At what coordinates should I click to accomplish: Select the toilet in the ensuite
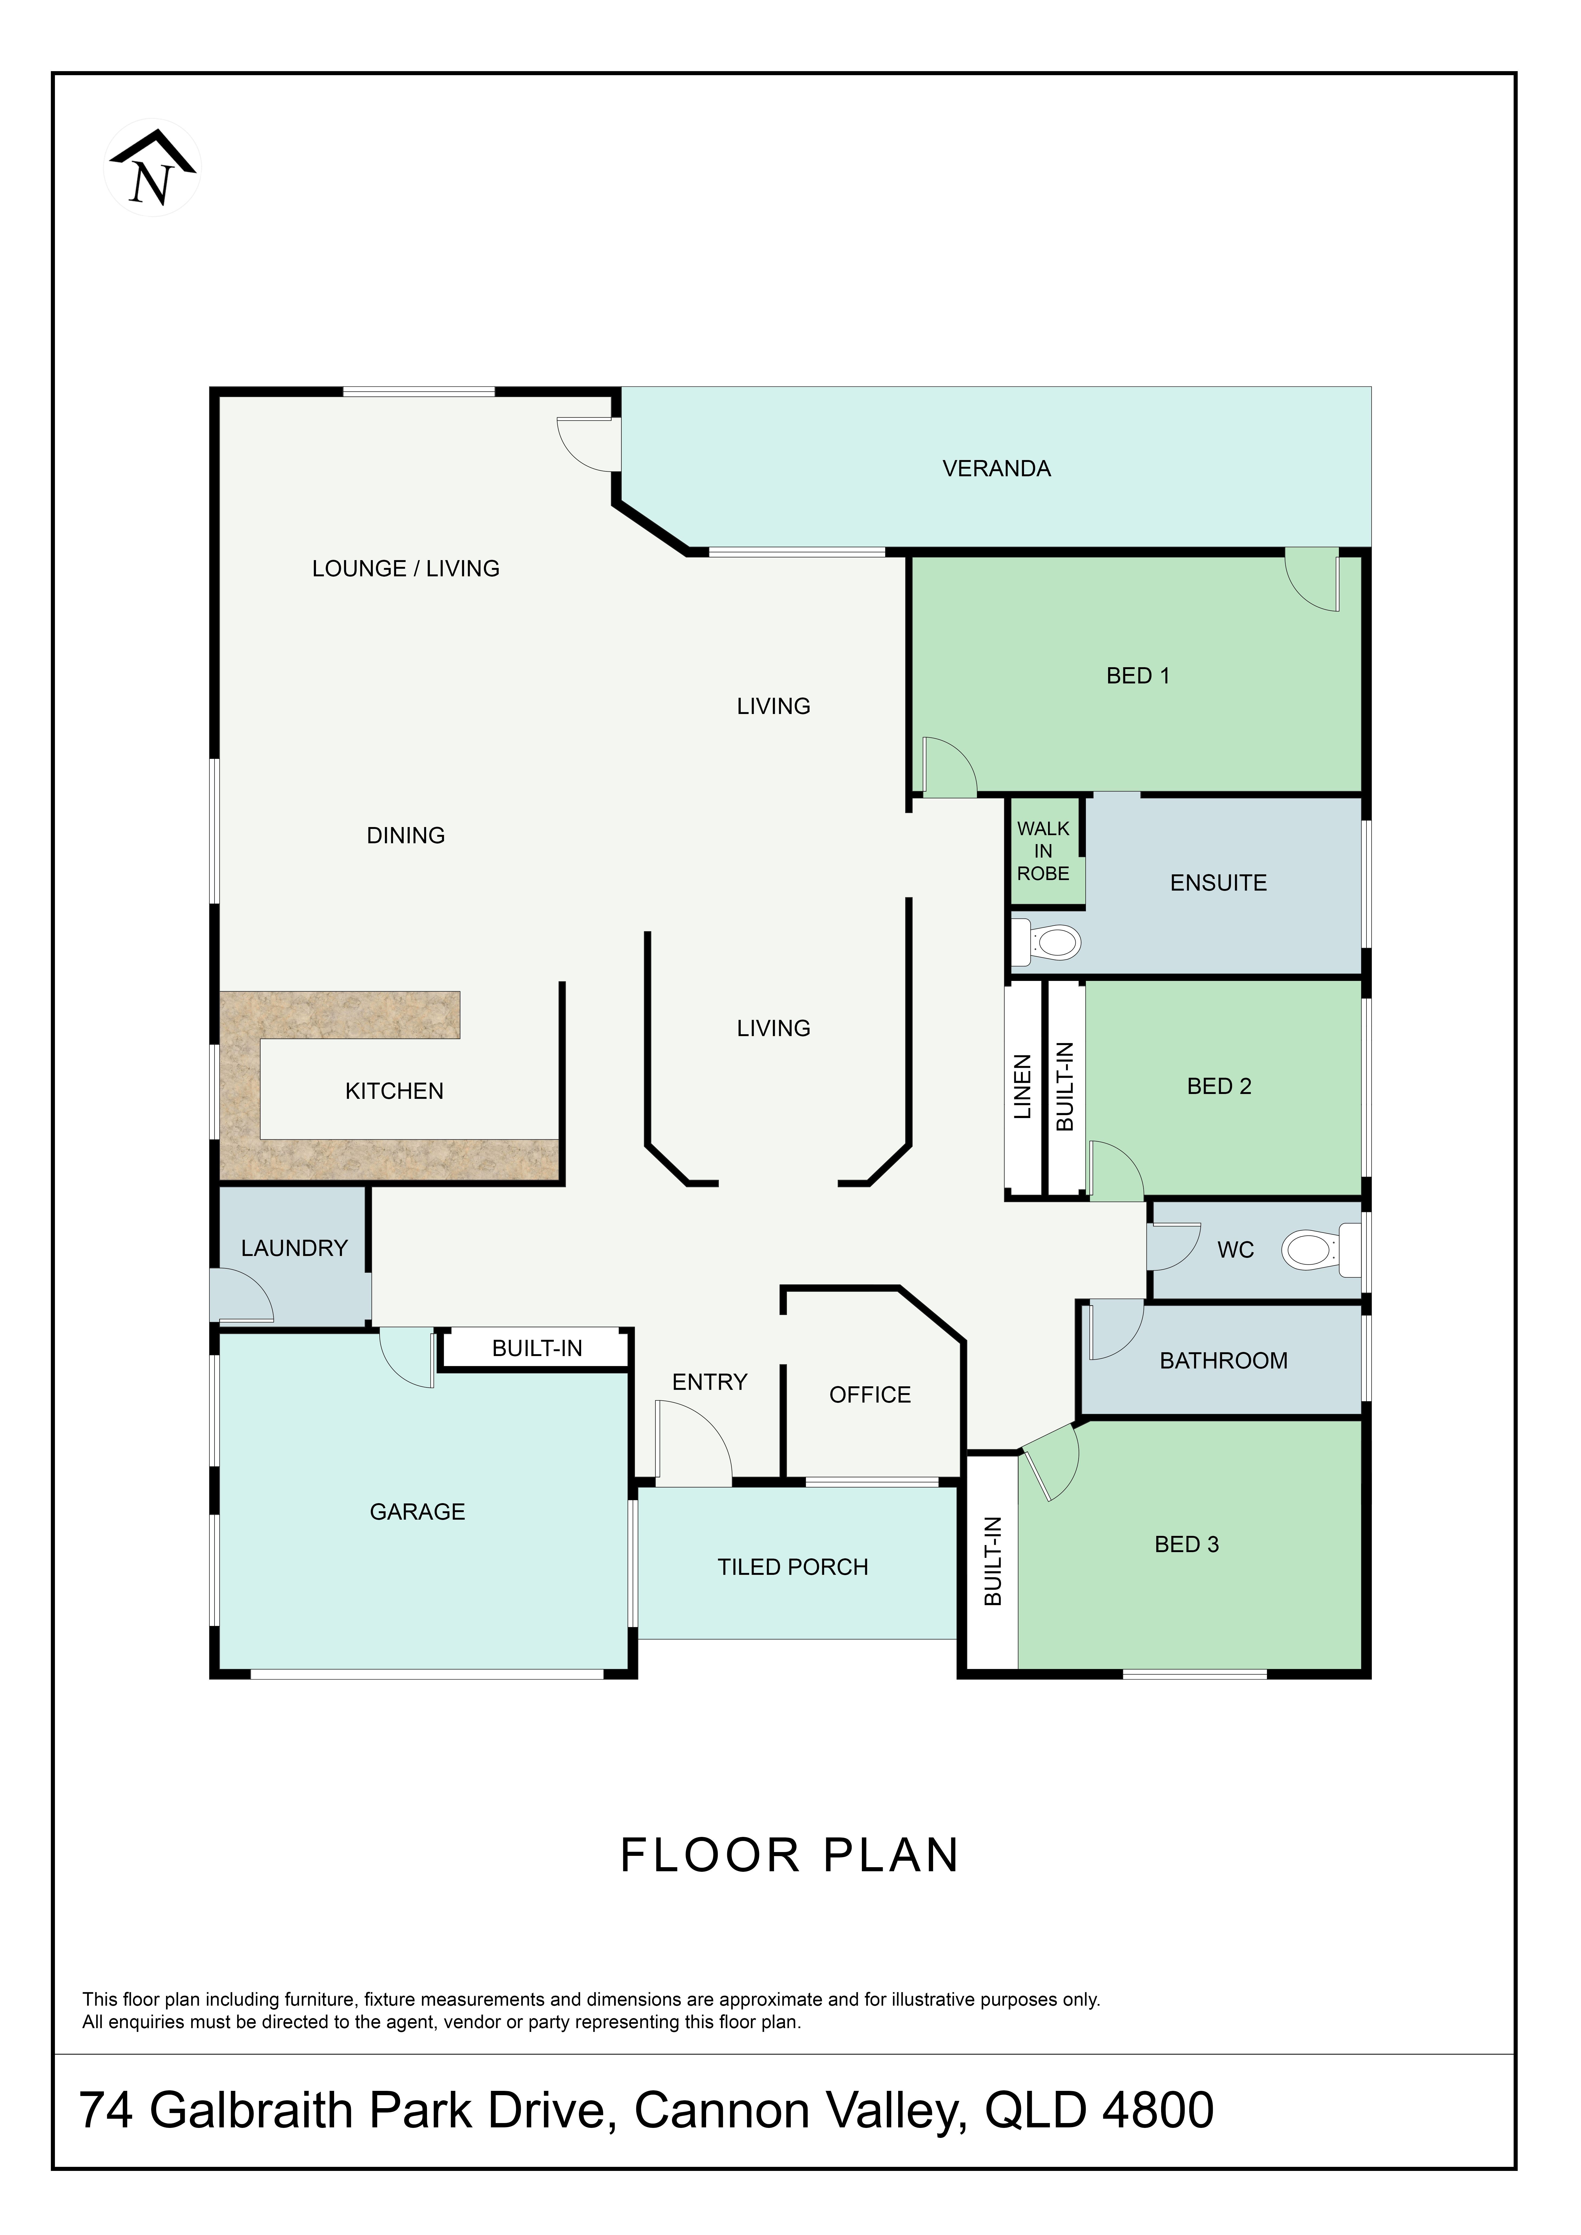(x=1046, y=941)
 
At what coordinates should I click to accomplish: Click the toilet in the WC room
(x=1321, y=1250)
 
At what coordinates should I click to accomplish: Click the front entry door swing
(x=693, y=1443)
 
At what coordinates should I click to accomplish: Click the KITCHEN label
(x=394, y=1091)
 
